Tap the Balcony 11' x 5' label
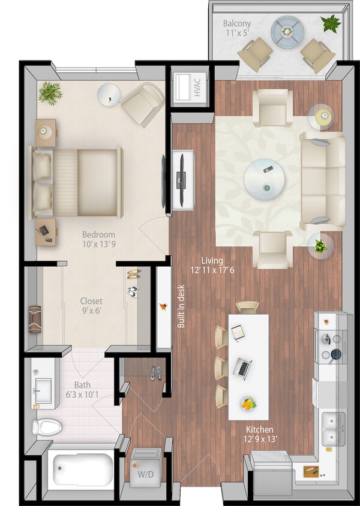tap(237, 28)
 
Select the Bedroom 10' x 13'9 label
tap(98, 239)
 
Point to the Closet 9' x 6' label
tap(91, 306)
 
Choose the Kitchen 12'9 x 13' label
tap(259, 434)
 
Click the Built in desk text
tap(181, 306)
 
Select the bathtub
tap(82, 469)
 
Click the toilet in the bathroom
tap(47, 427)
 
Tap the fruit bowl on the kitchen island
tap(247, 404)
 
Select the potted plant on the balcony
tap(331, 24)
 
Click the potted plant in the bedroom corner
tap(50, 92)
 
